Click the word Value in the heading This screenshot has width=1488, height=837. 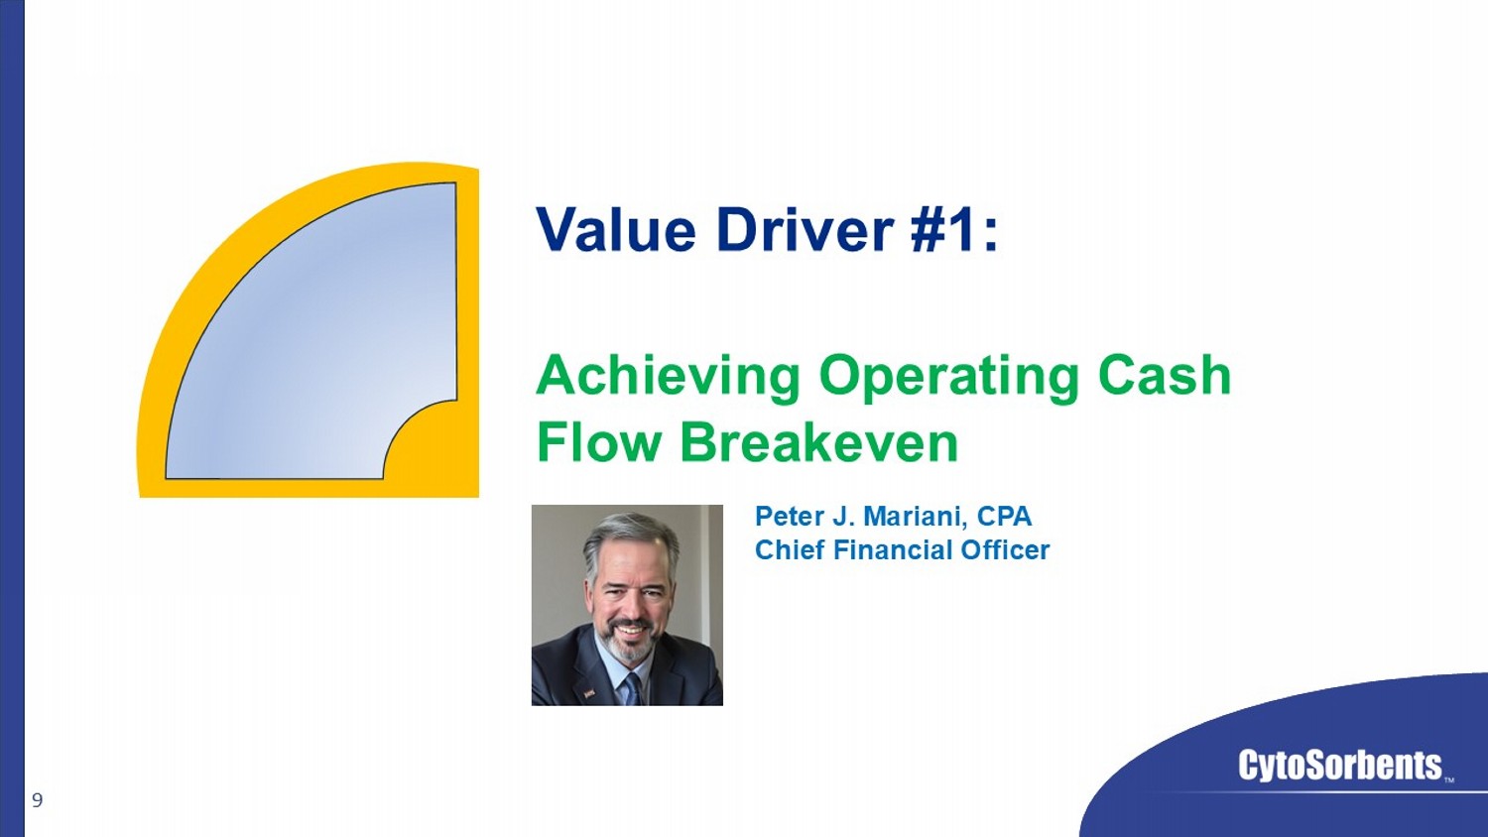point(616,229)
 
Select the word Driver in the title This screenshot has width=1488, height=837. point(805,229)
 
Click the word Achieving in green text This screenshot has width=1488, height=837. point(669,377)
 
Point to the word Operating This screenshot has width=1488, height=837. point(950,377)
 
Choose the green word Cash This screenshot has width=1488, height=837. point(1166,375)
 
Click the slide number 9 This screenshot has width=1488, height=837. point(38,800)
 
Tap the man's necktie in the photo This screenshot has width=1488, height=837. point(631,689)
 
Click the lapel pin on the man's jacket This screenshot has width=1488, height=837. point(589,695)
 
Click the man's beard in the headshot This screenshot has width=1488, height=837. point(627,639)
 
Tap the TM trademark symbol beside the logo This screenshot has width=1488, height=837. point(1449,780)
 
